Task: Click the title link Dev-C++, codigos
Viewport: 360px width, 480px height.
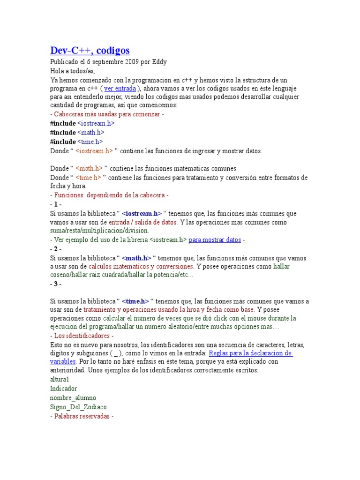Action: click(90, 50)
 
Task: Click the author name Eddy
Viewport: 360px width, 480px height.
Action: click(159, 61)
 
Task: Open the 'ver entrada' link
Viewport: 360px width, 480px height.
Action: click(120, 88)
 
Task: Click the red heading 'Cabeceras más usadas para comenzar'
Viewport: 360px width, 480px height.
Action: click(107, 114)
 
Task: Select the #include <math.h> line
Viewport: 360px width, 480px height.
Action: click(77, 133)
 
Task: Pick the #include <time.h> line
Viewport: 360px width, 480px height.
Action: click(76, 142)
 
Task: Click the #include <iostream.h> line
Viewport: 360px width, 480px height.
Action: click(82, 123)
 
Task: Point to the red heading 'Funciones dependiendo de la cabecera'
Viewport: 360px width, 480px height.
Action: click(109, 195)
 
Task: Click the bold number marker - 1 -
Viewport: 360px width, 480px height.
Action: click(55, 204)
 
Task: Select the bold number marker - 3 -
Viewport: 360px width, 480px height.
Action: click(55, 284)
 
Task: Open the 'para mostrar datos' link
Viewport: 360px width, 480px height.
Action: click(215, 240)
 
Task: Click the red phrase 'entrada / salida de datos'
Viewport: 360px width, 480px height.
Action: click(143, 222)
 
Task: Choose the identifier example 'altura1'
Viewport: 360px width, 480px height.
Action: click(60, 379)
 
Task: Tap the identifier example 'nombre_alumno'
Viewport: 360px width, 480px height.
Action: click(73, 397)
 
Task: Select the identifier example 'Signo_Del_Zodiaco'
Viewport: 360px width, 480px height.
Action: click(78, 407)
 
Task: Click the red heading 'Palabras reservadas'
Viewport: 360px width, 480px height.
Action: click(82, 416)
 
